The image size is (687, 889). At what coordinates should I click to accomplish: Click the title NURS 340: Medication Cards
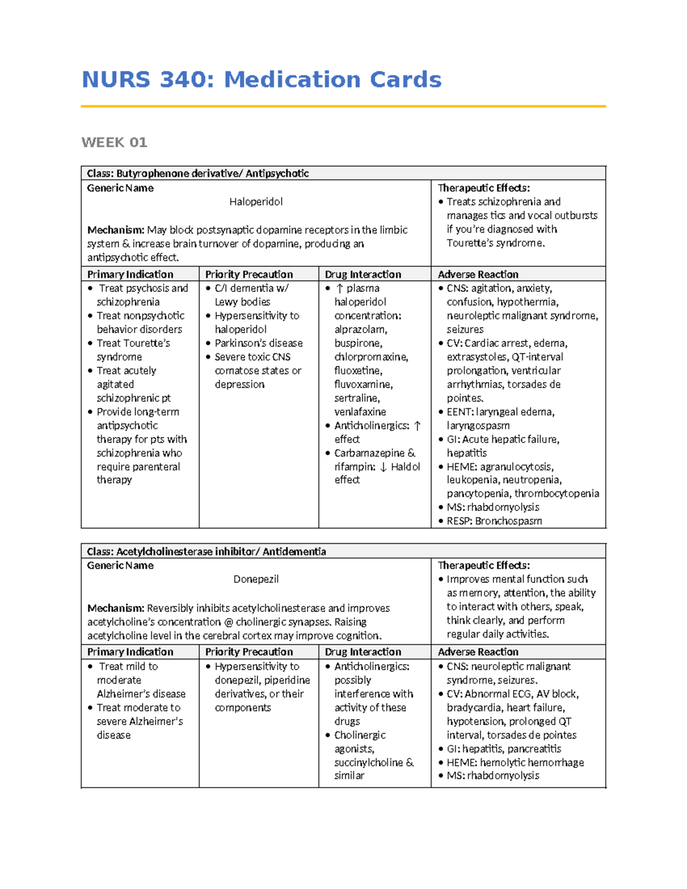(262, 80)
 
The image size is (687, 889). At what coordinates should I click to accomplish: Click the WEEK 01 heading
(114, 143)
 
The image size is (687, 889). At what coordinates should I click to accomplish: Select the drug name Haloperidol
(256, 201)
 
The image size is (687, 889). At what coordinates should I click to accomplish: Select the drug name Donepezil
(256, 579)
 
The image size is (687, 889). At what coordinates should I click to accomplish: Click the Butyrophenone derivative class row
(198, 173)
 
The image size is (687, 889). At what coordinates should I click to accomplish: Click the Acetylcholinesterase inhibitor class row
(206, 552)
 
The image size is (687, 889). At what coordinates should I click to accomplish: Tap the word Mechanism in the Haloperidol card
(115, 230)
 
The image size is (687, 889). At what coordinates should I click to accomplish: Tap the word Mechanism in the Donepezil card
(115, 609)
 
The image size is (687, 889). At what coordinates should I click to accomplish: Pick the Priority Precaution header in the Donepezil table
(249, 652)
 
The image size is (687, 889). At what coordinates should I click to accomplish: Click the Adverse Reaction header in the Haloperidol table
(478, 274)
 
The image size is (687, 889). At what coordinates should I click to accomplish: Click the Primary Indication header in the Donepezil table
(130, 652)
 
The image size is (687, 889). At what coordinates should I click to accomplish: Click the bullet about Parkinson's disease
(258, 343)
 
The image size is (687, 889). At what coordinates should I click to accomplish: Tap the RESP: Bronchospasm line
(493, 521)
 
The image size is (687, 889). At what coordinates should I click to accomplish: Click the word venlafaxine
(360, 412)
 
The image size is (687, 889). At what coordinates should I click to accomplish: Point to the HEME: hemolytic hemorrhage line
(515, 762)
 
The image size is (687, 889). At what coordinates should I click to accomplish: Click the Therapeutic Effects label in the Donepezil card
(484, 566)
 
